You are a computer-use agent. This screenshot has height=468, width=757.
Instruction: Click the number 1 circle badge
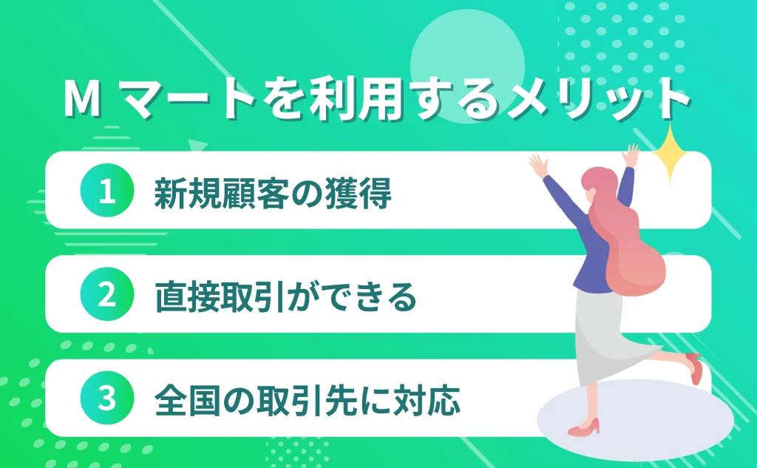[x=107, y=191]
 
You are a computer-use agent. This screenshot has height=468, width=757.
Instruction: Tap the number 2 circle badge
[x=107, y=295]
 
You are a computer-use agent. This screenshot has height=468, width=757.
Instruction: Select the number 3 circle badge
[x=107, y=399]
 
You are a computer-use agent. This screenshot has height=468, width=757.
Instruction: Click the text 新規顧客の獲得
[x=272, y=192]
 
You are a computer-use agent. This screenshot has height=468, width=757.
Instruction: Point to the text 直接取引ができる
[x=285, y=296]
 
